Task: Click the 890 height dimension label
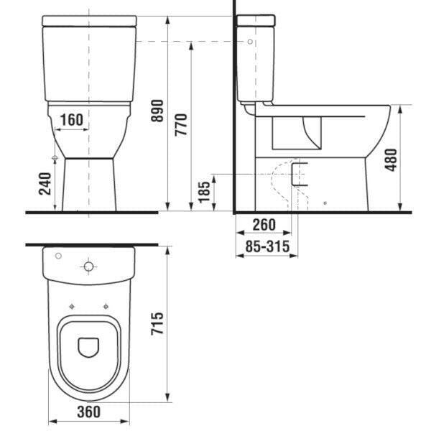(x=157, y=111)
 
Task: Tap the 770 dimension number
(x=181, y=125)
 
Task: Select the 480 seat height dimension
(x=391, y=159)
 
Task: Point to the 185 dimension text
(x=204, y=192)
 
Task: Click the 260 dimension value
(x=264, y=225)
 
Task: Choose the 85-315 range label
(x=267, y=246)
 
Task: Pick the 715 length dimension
(x=157, y=323)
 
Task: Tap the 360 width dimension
(x=89, y=412)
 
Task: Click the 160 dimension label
(x=71, y=120)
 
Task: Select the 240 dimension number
(x=45, y=184)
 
